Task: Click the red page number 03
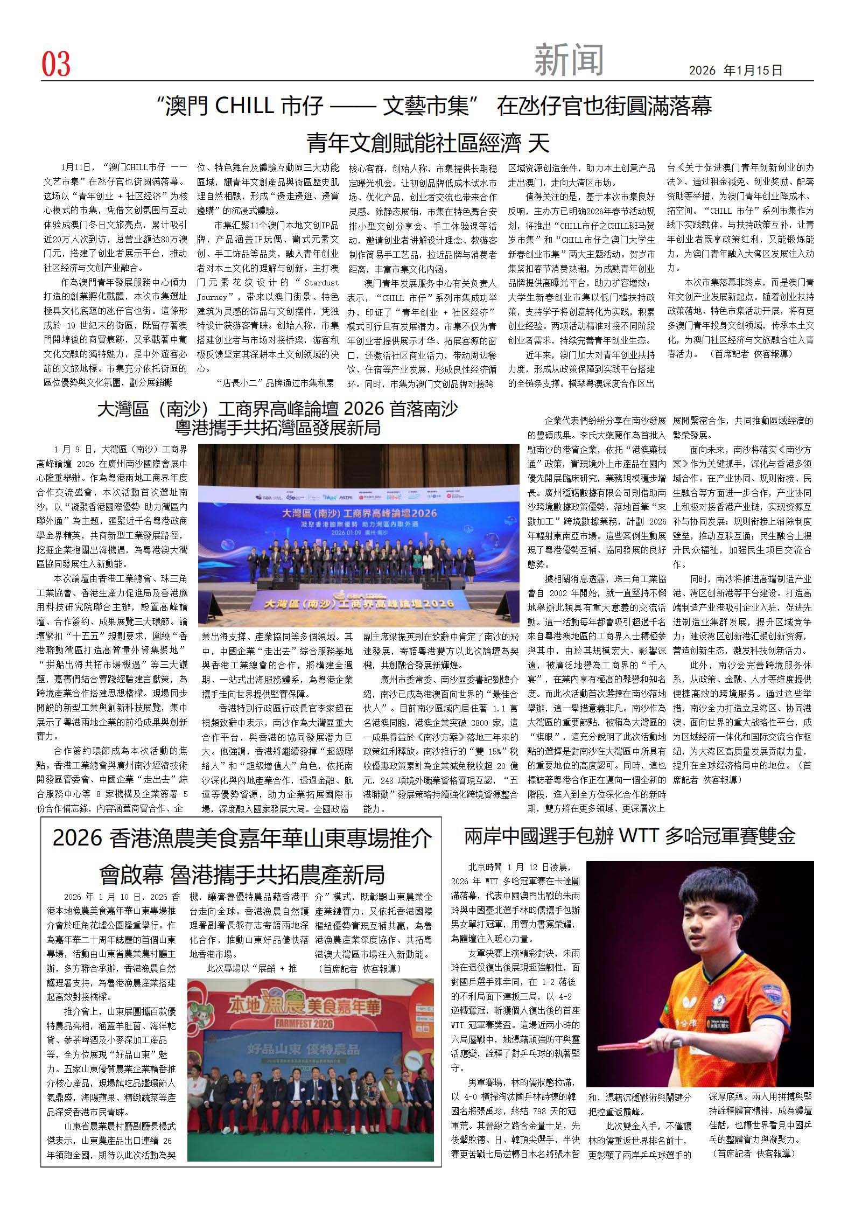pyautogui.click(x=56, y=65)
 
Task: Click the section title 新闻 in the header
pyautogui.click(x=569, y=60)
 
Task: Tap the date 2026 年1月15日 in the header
pyautogui.click(x=735, y=71)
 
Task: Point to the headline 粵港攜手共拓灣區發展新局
pyautogui.click(x=278, y=428)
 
